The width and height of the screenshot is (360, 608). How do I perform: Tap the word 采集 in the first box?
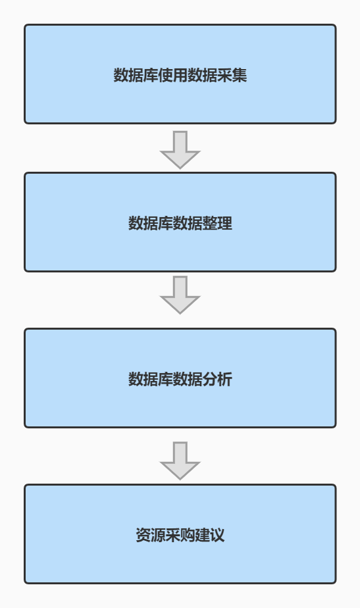click(x=232, y=75)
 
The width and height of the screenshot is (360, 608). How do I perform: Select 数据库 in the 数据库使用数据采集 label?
click(x=136, y=75)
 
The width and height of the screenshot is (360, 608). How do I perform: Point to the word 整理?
click(x=218, y=223)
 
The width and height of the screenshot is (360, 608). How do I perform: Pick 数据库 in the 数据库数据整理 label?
click(x=151, y=223)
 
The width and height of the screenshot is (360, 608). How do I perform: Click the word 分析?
click(x=218, y=379)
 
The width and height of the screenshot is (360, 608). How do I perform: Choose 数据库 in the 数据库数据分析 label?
click(x=151, y=379)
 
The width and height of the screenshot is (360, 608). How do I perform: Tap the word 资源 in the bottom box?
click(x=151, y=535)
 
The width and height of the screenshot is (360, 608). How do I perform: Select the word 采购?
click(x=180, y=535)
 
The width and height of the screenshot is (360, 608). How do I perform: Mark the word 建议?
click(x=210, y=535)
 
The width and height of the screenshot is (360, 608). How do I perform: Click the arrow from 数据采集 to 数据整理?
click(x=180, y=149)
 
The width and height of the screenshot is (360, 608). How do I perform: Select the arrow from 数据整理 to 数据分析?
click(x=180, y=295)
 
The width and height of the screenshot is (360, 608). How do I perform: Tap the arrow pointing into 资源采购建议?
click(x=180, y=461)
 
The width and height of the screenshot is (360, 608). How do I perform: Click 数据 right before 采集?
click(x=203, y=75)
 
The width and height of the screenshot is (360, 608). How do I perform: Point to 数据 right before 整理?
click(x=188, y=223)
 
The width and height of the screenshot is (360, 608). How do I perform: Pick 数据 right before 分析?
click(x=188, y=379)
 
